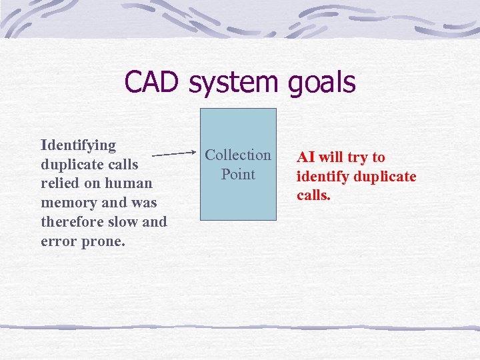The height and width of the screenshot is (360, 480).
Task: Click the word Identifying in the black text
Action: coord(78,145)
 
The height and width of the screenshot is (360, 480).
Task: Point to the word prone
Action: coord(103,241)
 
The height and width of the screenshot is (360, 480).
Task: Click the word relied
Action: coord(59,183)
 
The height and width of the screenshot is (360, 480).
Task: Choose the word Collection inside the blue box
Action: coord(238,155)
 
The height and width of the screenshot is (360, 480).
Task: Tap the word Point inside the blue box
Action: coord(238,175)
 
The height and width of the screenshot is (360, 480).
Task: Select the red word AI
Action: coord(306,157)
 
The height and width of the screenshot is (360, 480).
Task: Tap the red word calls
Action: coord(313,196)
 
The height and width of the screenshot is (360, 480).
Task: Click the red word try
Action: coord(358,158)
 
